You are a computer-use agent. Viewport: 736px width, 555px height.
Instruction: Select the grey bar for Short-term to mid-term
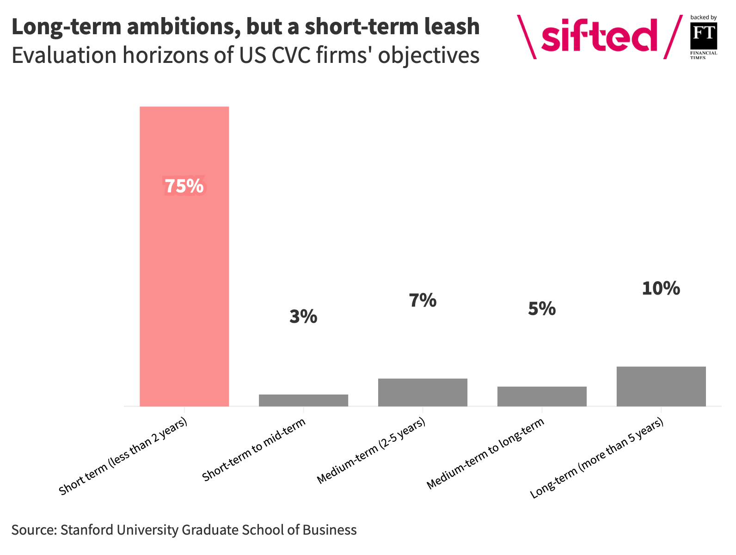(303, 401)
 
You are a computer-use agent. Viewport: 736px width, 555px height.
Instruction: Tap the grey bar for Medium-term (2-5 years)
(423, 393)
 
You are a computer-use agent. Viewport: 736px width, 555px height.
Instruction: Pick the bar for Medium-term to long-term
(542, 396)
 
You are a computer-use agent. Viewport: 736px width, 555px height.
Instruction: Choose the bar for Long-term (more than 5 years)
(661, 387)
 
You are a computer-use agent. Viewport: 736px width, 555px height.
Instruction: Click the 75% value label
(184, 186)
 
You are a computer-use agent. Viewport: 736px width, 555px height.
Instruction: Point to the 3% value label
(303, 317)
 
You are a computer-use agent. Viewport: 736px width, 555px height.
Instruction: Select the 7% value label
(423, 301)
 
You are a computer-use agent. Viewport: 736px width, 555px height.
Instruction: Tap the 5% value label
(542, 309)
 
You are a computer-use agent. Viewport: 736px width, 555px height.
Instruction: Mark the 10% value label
(661, 289)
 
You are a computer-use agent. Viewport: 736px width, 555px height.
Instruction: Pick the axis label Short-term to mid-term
(255, 450)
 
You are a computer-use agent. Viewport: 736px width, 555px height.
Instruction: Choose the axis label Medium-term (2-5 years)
(371, 451)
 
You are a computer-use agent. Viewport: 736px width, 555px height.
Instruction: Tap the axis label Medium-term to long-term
(485, 454)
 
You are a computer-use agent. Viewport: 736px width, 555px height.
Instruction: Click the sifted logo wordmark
(599, 36)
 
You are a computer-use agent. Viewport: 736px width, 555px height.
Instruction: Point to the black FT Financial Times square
(703, 36)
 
